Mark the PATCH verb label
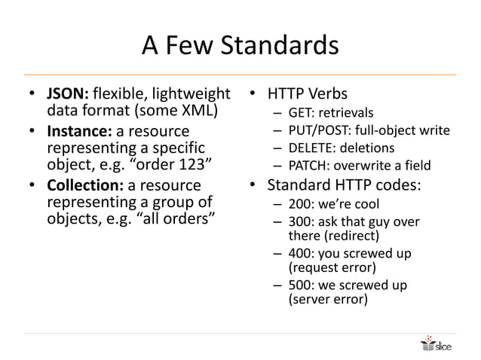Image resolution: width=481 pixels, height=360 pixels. click(306, 165)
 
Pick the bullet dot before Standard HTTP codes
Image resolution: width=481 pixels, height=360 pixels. click(254, 185)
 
